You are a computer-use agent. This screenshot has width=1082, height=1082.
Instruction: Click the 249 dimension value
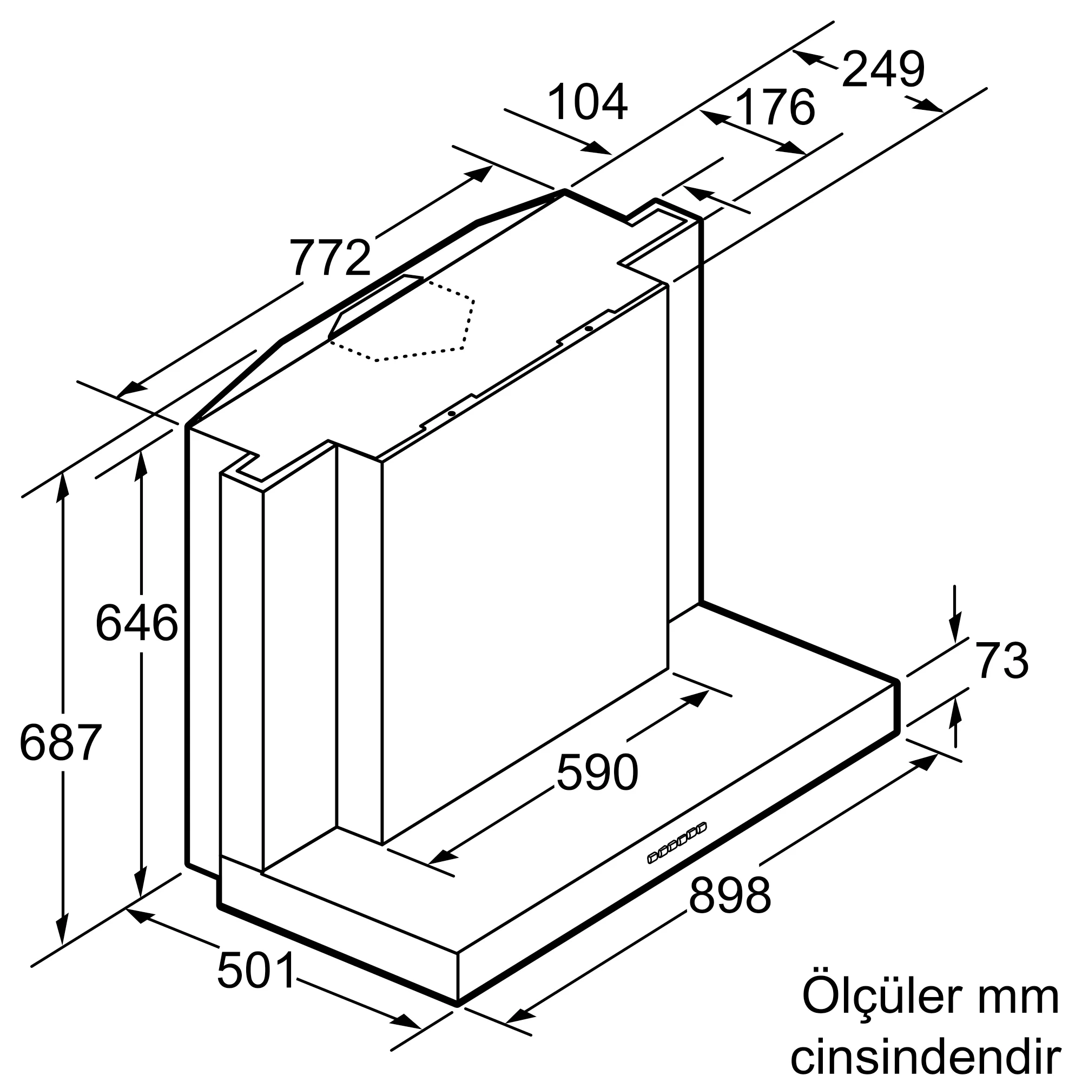pyautogui.click(x=883, y=70)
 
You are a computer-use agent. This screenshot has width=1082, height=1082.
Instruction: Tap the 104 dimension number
pyautogui.click(x=588, y=102)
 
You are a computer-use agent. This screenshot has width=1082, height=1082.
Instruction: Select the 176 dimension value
pyautogui.click(x=775, y=107)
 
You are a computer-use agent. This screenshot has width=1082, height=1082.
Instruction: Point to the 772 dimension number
pyautogui.click(x=331, y=258)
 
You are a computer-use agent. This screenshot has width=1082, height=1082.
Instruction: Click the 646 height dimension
pyautogui.click(x=137, y=623)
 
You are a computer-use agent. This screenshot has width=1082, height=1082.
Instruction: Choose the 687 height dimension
pyautogui.click(x=61, y=742)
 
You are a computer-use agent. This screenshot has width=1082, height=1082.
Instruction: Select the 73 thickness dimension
pyautogui.click(x=1002, y=662)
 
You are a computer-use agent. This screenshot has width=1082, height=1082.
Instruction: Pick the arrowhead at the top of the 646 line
pyautogui.click(x=141, y=465)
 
